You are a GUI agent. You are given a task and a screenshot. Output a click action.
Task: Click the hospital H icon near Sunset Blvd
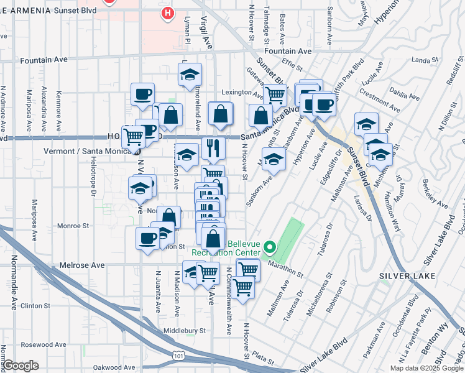point(167,13)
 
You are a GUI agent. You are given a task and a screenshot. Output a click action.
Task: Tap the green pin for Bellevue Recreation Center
point(269,247)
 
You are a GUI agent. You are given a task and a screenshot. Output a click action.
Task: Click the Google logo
point(21,366)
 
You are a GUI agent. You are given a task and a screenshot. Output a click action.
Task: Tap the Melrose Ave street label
point(82,265)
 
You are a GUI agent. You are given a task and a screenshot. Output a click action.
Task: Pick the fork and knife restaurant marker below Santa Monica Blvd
point(213,147)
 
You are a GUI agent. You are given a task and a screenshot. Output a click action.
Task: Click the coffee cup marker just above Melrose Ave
point(148,238)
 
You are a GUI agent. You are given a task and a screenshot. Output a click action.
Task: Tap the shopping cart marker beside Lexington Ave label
point(275,94)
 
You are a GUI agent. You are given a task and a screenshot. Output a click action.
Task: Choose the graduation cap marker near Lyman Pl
point(190,75)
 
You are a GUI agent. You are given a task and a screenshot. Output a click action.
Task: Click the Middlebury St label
point(185,331)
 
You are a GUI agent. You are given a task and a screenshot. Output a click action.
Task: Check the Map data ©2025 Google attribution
point(426,368)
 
